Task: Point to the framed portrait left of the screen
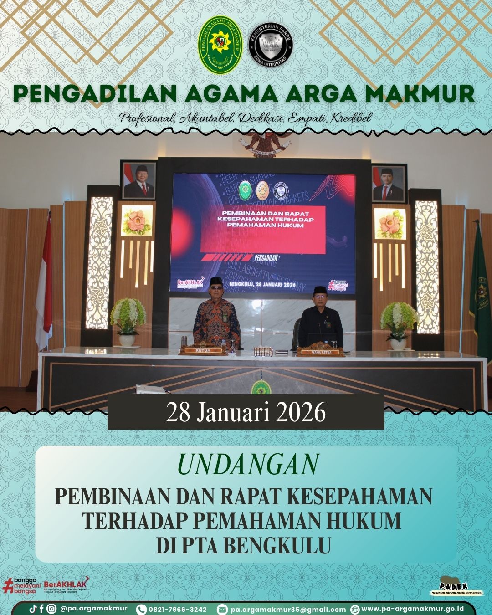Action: [139, 180]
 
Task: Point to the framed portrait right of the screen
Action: [388, 184]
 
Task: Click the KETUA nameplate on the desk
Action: [203, 351]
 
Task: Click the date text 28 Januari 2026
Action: [246, 413]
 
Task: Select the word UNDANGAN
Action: [247, 465]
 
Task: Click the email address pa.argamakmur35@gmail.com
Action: [288, 609]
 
